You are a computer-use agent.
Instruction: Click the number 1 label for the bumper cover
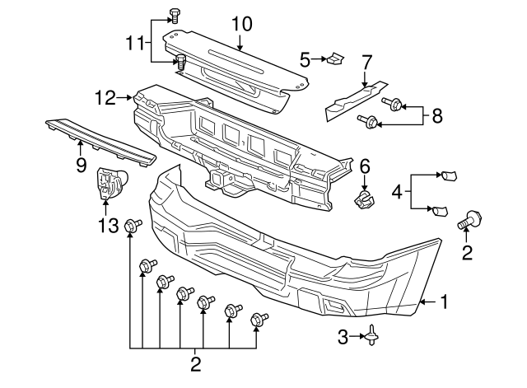[x=445, y=302]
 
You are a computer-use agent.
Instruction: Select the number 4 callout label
[x=398, y=194]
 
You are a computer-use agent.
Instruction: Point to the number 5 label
[x=305, y=59]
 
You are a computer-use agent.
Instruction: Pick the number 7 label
[x=367, y=61]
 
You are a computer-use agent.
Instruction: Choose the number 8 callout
[x=436, y=116]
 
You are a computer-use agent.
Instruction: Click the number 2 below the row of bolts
[x=195, y=362]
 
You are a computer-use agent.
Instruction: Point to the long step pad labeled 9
[x=99, y=139]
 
